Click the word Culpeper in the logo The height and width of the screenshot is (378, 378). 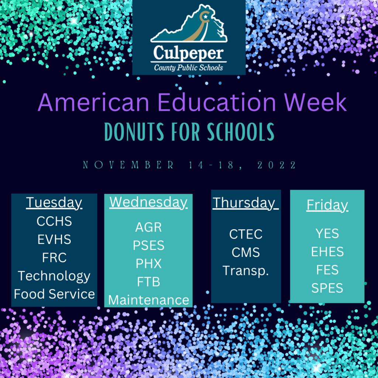(188, 53)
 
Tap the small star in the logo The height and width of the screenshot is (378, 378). (205, 17)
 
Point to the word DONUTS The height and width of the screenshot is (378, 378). (134, 132)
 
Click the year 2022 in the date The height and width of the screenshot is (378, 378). (276, 165)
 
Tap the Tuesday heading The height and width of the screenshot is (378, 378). (54, 203)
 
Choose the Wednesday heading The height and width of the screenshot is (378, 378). (148, 202)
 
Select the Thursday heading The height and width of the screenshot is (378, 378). (245, 203)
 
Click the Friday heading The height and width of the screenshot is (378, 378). (327, 205)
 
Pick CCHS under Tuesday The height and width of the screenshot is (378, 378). (54, 221)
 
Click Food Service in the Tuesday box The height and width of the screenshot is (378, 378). (54, 294)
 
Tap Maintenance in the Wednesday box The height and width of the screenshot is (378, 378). (148, 300)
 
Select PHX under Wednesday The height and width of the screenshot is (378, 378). (148, 264)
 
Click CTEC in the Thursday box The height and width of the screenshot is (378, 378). (245, 234)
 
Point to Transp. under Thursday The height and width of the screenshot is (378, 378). (245, 271)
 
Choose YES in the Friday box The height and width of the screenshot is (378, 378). (327, 233)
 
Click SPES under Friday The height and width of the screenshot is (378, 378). (327, 288)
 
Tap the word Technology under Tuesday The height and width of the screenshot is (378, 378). (54, 276)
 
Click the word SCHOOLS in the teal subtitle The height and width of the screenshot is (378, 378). (241, 132)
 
